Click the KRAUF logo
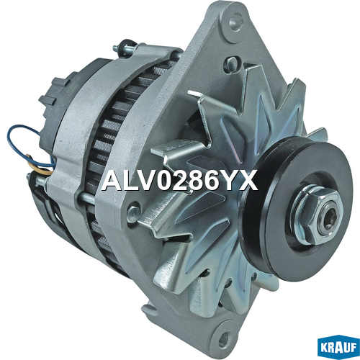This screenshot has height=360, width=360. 338,348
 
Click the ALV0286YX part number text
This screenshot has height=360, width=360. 179,181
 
